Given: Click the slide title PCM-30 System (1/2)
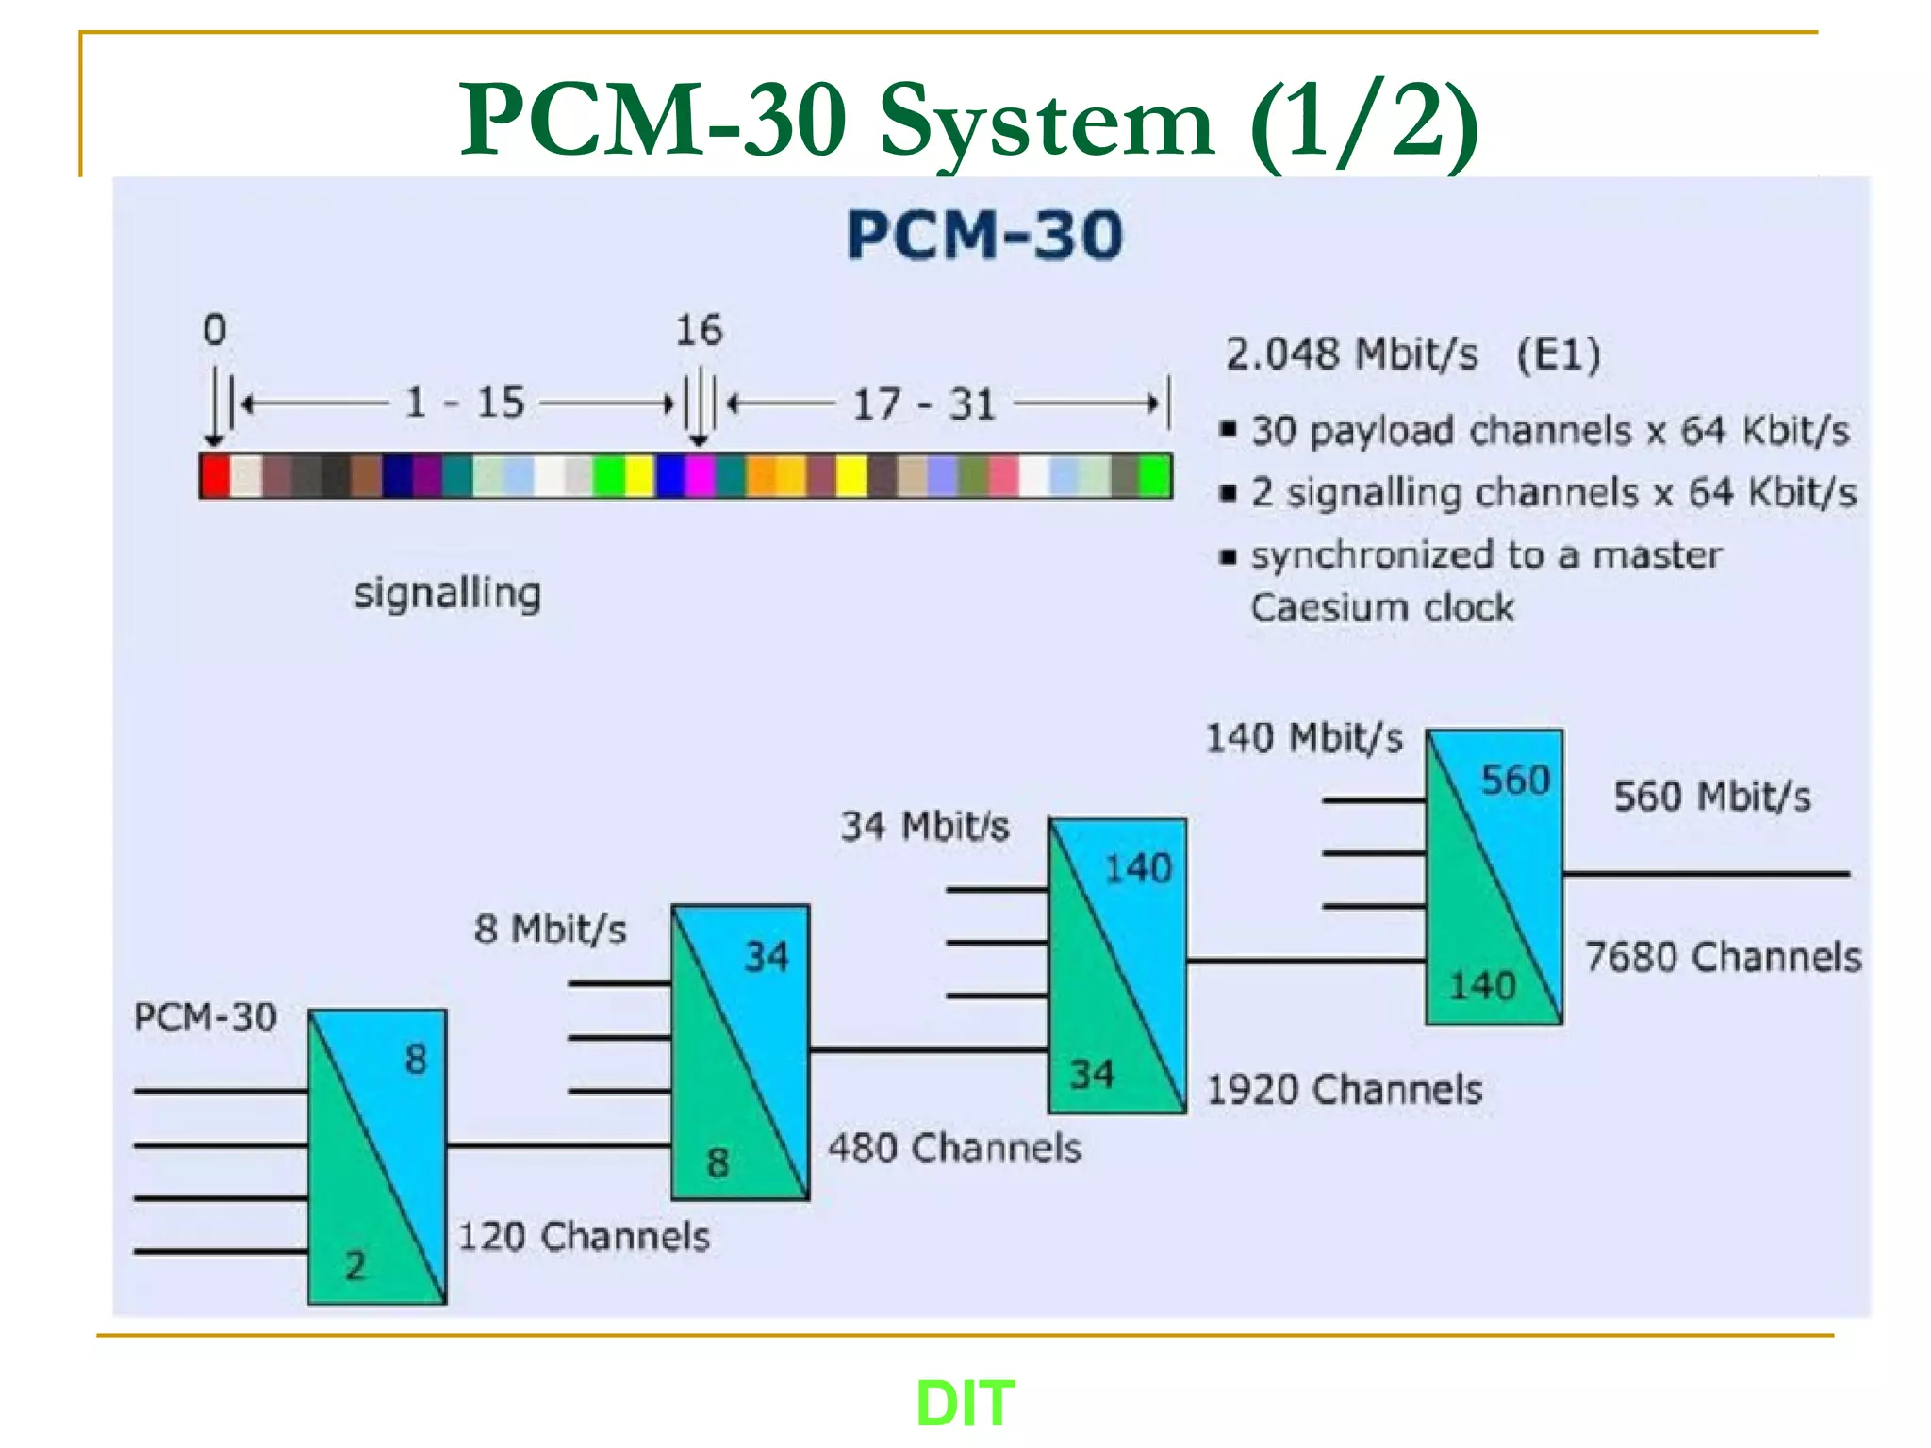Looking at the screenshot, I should (x=968, y=121).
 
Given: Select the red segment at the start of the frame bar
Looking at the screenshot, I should (x=215, y=475).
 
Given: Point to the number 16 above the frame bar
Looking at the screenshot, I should (x=699, y=330).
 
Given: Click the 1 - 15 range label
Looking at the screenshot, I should (x=464, y=403).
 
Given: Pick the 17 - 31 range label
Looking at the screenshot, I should (x=924, y=404).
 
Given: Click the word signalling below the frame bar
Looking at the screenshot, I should (x=447, y=594).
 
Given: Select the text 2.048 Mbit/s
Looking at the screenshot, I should (x=1351, y=354).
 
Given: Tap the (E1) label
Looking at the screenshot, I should (x=1558, y=354).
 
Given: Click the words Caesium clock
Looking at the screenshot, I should (x=1382, y=608).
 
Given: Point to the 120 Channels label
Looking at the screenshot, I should (x=584, y=1236).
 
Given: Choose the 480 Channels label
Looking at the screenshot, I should (x=954, y=1148).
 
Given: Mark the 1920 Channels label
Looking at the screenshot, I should (x=1345, y=1090).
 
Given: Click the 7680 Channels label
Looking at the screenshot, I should (x=1723, y=957).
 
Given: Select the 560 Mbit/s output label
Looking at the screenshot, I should (x=1712, y=797).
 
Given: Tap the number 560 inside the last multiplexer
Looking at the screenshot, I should (x=1515, y=781).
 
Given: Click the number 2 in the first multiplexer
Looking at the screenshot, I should (x=355, y=1265).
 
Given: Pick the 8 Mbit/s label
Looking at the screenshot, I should (x=551, y=930).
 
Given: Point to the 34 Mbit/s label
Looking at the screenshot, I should (x=925, y=827).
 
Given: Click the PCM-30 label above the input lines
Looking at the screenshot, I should (x=206, y=1017).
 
